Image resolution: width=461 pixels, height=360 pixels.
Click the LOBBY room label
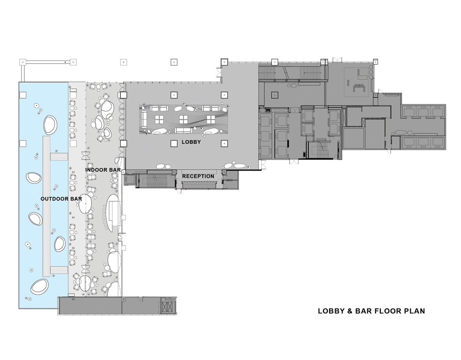pyautogui.click(x=191, y=142)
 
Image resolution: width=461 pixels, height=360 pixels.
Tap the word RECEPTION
pyautogui.click(x=198, y=177)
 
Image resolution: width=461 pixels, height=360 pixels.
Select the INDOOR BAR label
pyautogui.click(x=103, y=170)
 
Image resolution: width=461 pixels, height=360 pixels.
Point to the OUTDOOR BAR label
pyautogui.click(x=61, y=199)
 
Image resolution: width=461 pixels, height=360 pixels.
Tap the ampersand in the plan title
pyautogui.click(x=350, y=311)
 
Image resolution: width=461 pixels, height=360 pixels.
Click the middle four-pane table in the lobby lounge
pyautogui.click(x=183, y=119)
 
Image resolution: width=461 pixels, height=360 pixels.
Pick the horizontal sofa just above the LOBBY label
pyautogui.click(x=184, y=130)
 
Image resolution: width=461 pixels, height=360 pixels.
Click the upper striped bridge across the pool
pyautogui.click(x=59, y=157)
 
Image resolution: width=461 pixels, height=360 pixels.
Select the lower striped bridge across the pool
pyautogui.click(x=59, y=270)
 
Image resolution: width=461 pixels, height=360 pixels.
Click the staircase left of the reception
pyautogui.click(x=155, y=179)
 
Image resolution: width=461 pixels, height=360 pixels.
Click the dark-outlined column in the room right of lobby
pyautogui.click(x=275, y=95)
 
